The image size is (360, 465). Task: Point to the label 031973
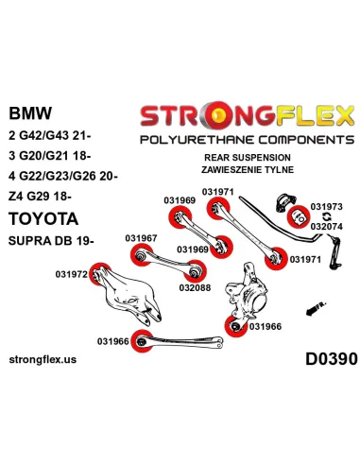point(326,206)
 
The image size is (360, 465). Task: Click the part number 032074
point(326,227)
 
